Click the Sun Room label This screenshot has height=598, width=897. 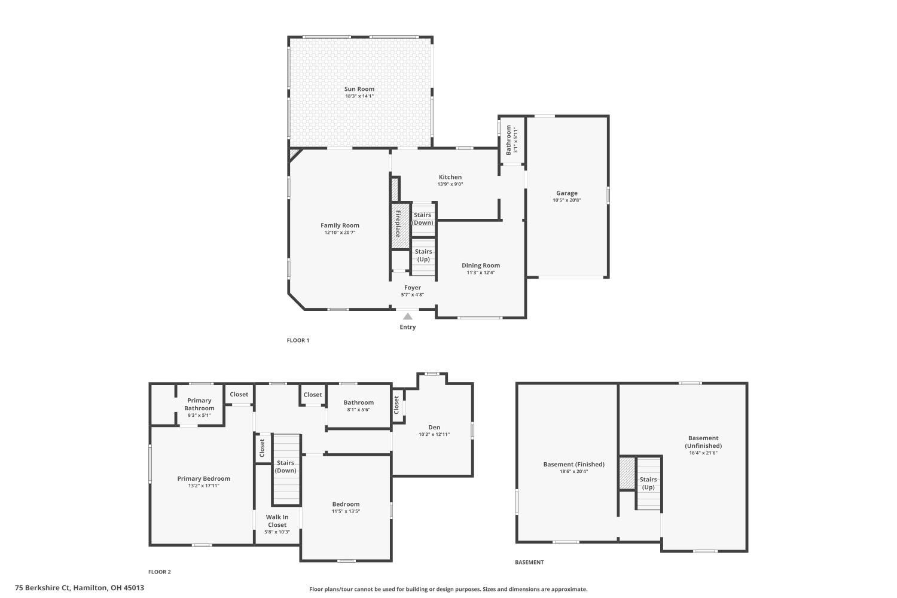359,89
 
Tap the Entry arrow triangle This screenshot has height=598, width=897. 407,316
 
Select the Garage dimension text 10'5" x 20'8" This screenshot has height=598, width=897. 566,200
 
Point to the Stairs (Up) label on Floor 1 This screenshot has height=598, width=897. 423,255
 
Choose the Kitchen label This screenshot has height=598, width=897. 450,177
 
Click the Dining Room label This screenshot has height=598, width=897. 480,266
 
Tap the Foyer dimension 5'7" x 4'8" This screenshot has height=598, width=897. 412,295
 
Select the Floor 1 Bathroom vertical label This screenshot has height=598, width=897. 509,140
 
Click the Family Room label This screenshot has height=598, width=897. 340,225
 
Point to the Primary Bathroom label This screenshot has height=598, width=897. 199,404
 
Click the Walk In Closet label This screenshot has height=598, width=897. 277,521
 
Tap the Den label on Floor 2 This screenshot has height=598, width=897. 434,427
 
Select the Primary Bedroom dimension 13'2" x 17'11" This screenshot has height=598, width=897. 203,486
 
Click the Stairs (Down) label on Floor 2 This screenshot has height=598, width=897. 285,466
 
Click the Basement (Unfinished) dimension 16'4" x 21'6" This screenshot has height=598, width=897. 703,453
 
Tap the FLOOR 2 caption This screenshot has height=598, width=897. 160,572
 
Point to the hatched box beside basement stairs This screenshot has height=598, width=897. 627,474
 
